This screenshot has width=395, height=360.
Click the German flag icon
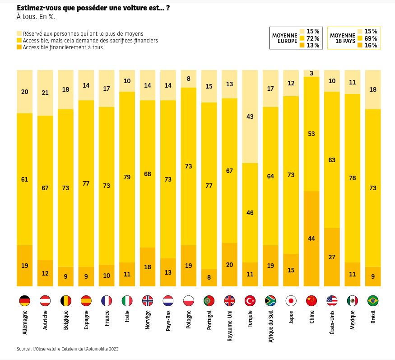(24, 301)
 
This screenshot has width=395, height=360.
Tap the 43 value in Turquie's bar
(250, 117)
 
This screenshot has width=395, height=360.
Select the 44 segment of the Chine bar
(311, 238)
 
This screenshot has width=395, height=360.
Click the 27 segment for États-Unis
(332, 257)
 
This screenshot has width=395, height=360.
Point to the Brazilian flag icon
(373, 301)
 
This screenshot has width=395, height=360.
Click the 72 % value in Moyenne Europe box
(313, 38)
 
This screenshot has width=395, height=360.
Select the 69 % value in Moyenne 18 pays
(371, 38)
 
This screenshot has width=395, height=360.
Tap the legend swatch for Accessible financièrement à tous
(19, 47)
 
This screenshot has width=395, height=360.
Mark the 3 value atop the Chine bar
(311, 73)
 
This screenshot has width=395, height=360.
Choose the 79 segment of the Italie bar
(127, 177)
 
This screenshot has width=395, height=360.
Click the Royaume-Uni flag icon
(229, 301)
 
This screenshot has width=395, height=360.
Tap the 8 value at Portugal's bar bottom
(209, 277)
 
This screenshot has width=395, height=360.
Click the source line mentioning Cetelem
(68, 349)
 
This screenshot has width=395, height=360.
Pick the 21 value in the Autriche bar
(45, 93)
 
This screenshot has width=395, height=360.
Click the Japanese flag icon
(291, 301)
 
